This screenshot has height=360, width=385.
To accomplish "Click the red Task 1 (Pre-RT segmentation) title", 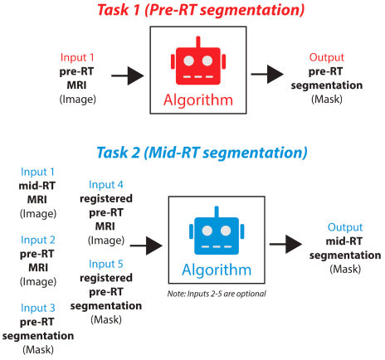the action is coord(201,10).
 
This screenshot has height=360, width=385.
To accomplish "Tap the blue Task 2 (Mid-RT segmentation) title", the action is coord(202,153).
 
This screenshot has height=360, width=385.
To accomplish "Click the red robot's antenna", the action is coord(198,42).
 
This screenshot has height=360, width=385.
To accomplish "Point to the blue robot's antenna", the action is coord(217,212).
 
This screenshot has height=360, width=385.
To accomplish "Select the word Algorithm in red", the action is coord(198,100).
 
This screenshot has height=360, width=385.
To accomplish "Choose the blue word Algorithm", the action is coord(217,270).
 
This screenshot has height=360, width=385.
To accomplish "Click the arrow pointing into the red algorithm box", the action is coord(128,75).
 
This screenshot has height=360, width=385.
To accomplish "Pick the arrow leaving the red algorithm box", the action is coord(267,74).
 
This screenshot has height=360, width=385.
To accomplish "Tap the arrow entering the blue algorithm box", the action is coord(146,246).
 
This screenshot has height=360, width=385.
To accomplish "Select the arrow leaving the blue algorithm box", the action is coord(286,244).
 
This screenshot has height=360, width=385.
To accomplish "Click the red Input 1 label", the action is coord(77,57).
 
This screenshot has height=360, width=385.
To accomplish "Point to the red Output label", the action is coord(327,57).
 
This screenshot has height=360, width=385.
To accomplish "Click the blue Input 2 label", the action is coord(38,240).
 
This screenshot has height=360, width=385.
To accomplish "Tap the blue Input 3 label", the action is coord(38,308).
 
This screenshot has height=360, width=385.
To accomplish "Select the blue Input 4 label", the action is coord(106,185).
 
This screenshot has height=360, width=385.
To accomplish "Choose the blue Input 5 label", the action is coord(106,264).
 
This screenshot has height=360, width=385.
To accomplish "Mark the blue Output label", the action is coord(345,227).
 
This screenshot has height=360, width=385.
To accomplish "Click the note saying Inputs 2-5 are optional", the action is coord(217,294).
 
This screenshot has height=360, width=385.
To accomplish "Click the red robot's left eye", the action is coord(189,61).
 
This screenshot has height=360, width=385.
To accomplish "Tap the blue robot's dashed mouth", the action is coord(217,246).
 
